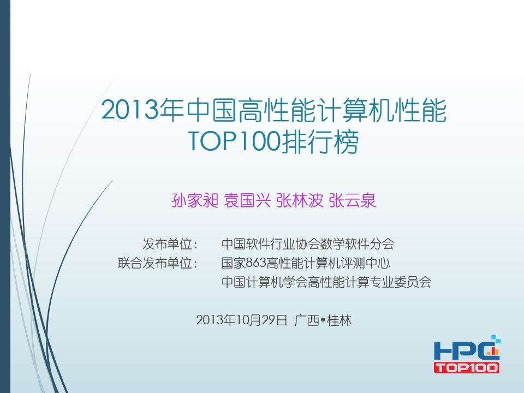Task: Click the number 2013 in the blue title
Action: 129,110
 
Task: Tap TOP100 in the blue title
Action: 234,141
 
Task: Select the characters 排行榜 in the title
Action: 320,141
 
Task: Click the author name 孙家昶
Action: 195,200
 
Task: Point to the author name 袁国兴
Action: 247,200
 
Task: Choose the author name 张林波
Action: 300,200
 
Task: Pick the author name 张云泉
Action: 353,200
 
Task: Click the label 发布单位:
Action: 170,244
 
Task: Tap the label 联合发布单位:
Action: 158,263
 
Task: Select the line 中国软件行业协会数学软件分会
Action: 308,244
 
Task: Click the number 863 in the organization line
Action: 257,263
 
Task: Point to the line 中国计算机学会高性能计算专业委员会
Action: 326,282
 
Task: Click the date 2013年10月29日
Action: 242,320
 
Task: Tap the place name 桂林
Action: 339,320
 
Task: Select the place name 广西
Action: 307,320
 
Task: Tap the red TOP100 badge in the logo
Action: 467,367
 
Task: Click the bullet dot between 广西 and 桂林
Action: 323,320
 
